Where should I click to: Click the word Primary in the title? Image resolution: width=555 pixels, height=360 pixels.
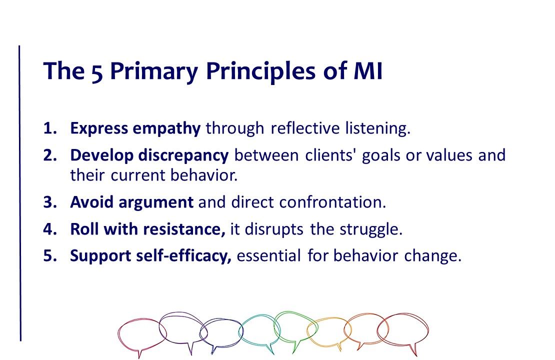(153, 72)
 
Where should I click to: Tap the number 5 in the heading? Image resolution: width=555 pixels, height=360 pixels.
(97, 72)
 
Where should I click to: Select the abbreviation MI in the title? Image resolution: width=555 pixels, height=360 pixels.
(368, 71)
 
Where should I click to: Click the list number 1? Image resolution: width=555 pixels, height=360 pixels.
(50, 128)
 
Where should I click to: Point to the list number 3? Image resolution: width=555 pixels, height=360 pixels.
(50, 202)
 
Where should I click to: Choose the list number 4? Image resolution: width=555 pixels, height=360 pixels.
(50, 229)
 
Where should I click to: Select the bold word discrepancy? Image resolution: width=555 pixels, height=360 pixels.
(183, 156)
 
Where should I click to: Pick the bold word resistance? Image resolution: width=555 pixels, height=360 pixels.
(184, 229)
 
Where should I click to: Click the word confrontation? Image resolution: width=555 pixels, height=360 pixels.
(332, 202)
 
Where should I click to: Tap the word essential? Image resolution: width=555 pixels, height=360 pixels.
(268, 255)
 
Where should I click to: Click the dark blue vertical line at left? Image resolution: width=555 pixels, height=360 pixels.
(20, 193)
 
